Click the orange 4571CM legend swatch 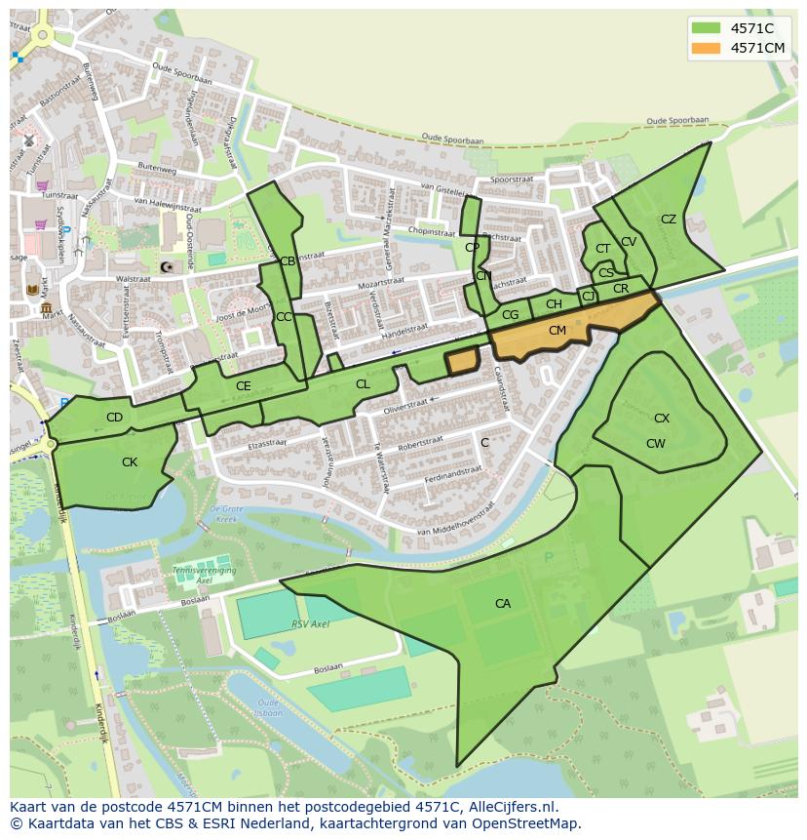pos(707,48)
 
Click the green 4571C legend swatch pos(707,28)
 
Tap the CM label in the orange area pos(557,331)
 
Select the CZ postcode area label pos(669,220)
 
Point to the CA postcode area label pos(503,604)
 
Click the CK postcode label pos(130,462)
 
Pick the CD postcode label pos(114,418)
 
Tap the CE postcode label pos(244,386)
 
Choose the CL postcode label pos(363,384)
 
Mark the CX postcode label pos(662,419)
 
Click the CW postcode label pos(656,444)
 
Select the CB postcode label pos(288,261)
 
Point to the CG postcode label pos(511,315)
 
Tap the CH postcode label pos(554,304)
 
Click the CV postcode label pos(629,242)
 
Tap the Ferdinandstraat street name pos(453,476)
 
